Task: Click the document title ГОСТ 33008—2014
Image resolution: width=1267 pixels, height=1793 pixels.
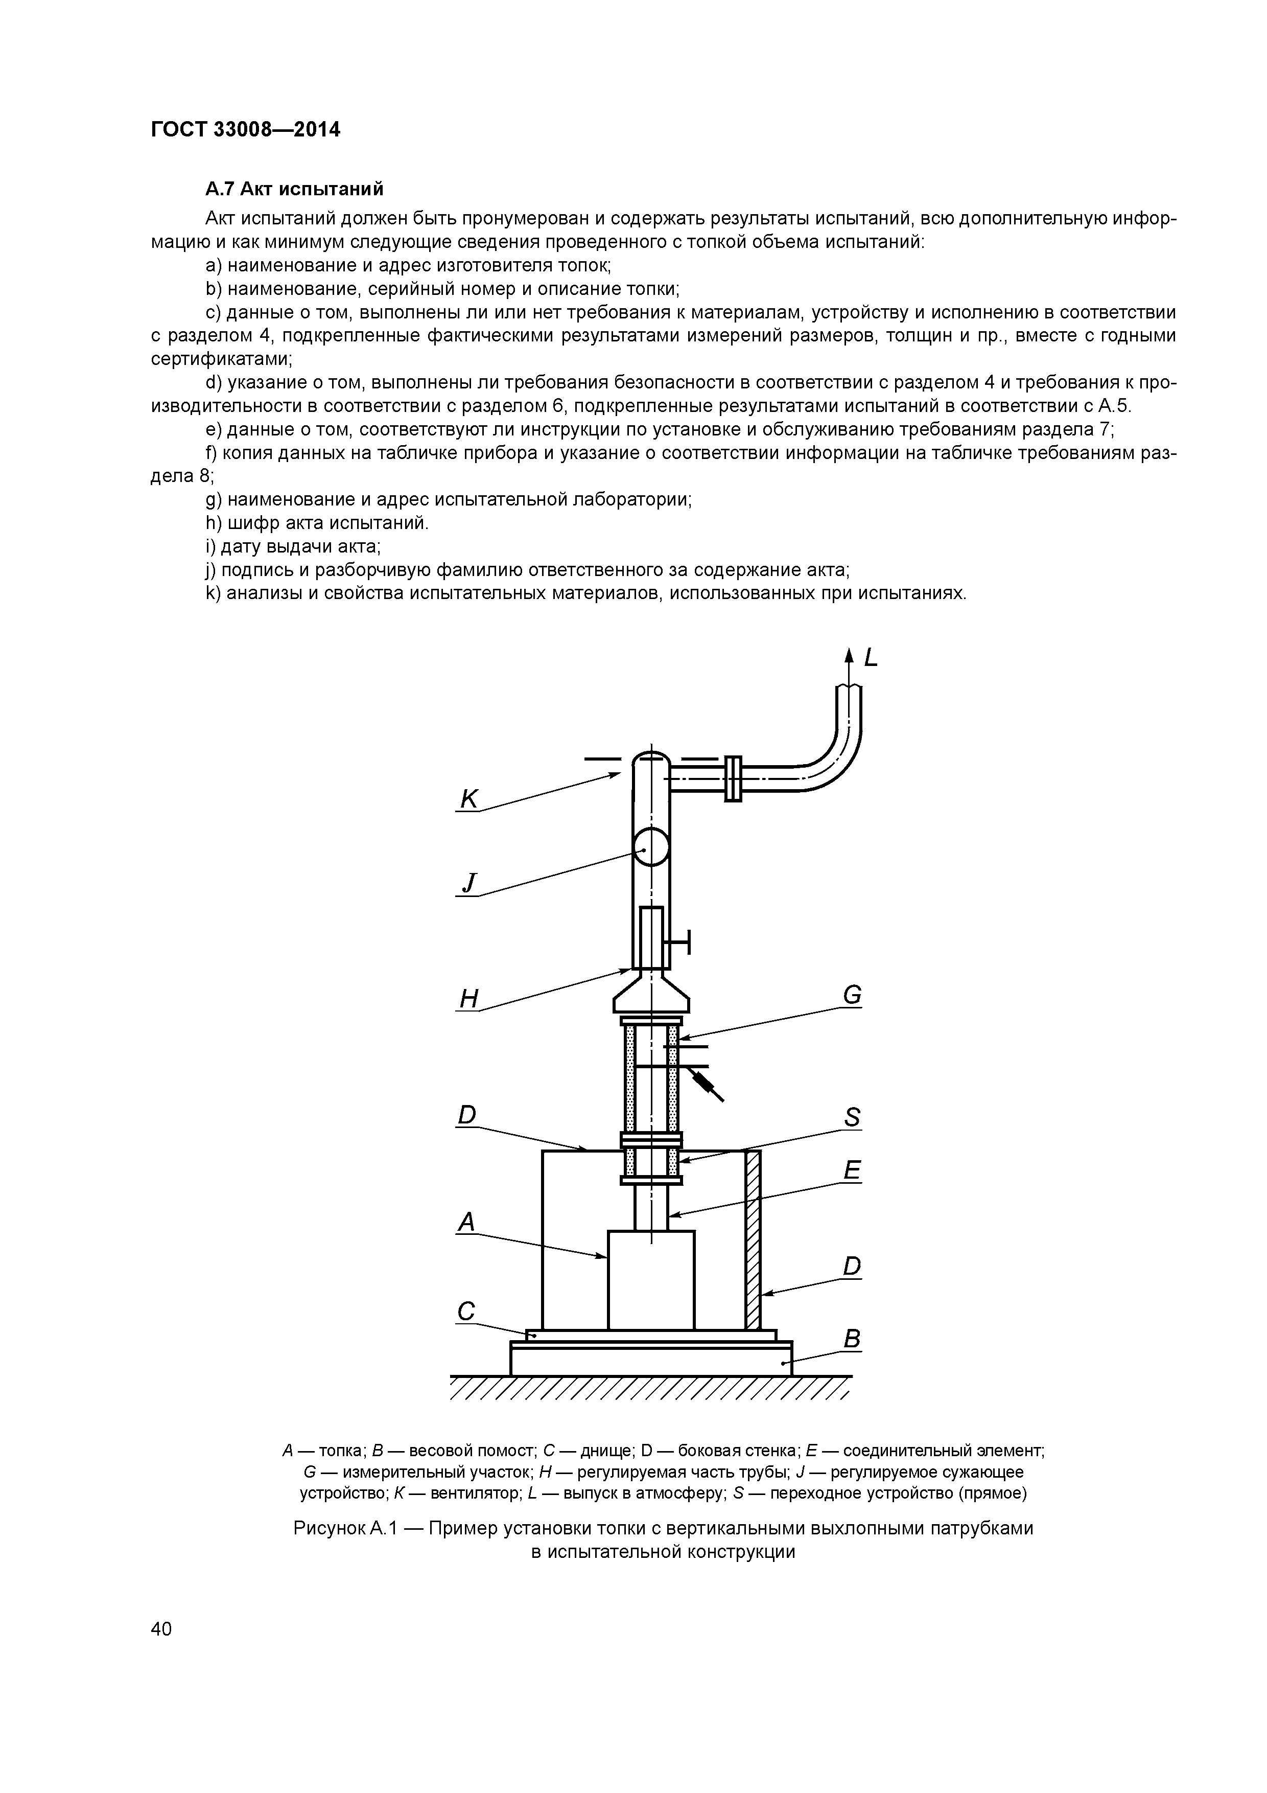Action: point(245,130)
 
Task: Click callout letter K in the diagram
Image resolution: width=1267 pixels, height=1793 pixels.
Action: point(469,799)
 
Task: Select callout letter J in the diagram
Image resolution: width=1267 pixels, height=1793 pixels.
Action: point(468,882)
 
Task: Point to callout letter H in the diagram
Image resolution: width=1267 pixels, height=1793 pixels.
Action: point(468,998)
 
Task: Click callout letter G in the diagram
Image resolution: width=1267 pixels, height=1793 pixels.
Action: point(852,995)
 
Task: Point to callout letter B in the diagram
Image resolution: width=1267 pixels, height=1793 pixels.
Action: point(852,1339)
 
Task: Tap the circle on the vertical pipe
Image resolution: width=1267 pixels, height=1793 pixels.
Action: point(651,846)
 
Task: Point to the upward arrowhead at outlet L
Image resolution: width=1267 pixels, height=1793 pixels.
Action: point(850,656)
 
